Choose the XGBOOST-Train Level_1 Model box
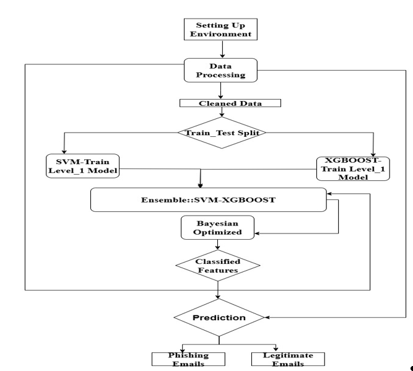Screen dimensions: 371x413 (x=352, y=167)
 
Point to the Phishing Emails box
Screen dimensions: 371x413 (x=180, y=359)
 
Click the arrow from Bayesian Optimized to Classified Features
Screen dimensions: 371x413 (x=217, y=245)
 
